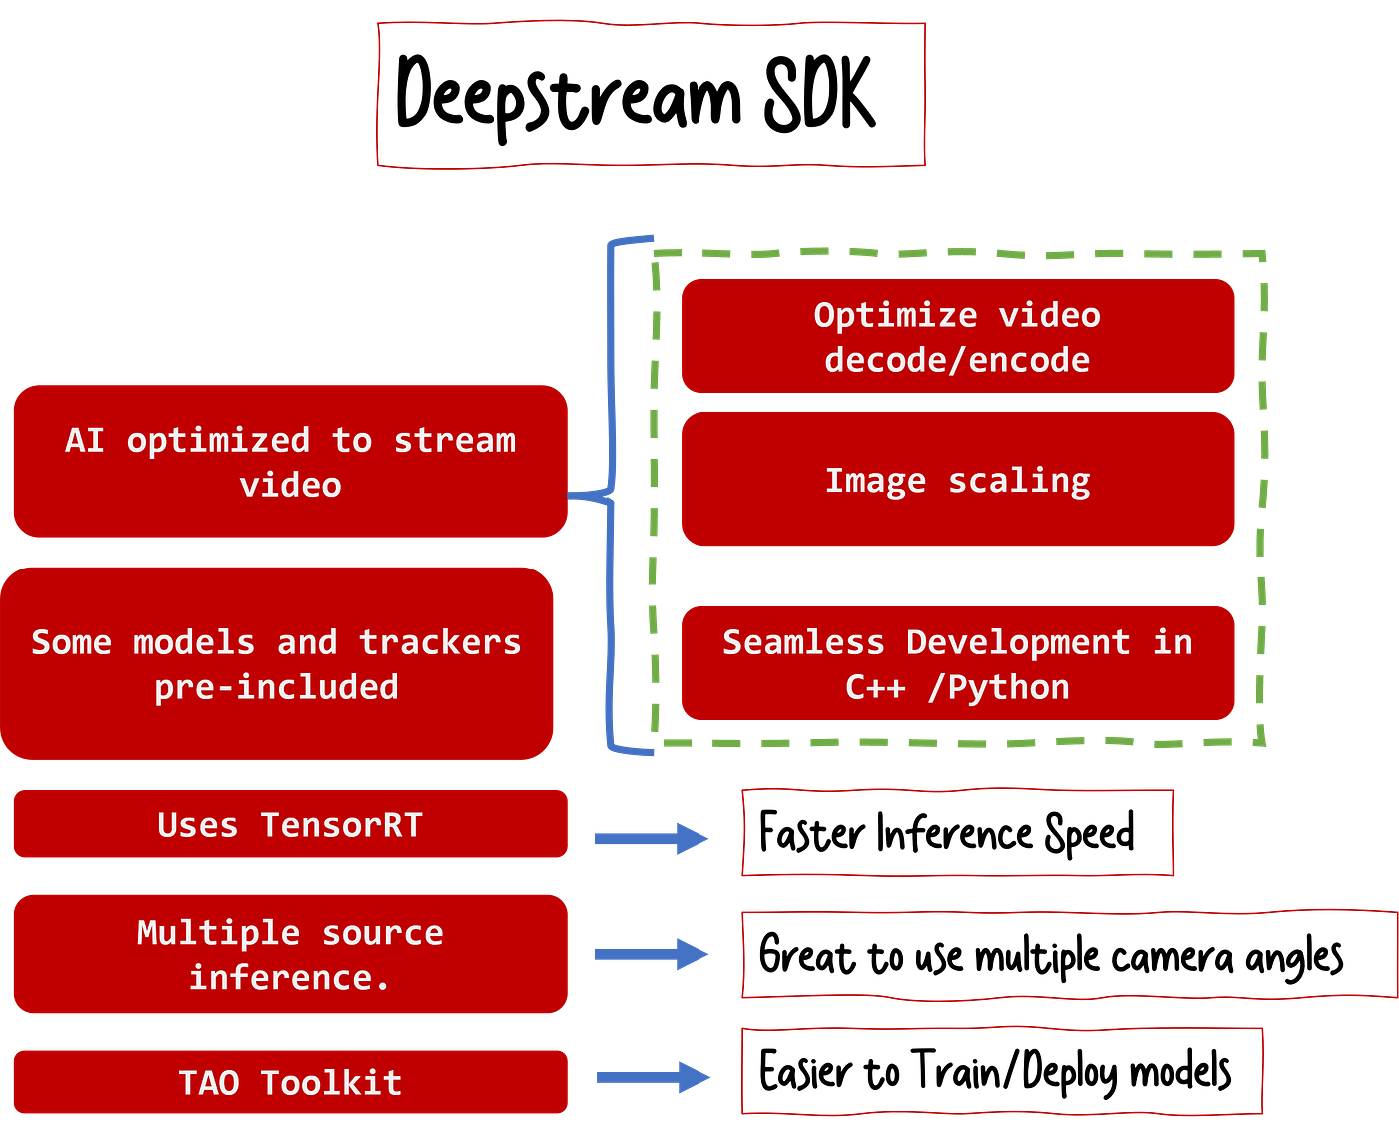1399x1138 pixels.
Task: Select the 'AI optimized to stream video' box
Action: coord(291,461)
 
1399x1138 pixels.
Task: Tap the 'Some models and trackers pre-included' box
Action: coord(277,663)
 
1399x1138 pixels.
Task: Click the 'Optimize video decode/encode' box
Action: coord(957,336)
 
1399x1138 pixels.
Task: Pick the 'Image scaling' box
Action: coord(957,479)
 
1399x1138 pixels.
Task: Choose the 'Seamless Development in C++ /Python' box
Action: coord(957,663)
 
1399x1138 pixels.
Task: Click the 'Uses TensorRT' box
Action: coord(291,824)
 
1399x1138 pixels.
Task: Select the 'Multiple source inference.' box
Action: coord(291,954)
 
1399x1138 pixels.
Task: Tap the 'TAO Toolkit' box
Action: coord(291,1082)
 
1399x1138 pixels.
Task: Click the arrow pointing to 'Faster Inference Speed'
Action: coord(651,838)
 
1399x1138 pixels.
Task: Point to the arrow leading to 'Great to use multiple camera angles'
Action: coord(651,954)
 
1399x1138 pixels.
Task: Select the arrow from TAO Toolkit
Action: coord(653,1077)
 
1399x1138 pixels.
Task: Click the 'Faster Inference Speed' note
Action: coord(957,832)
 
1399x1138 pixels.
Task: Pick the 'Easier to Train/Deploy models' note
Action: coord(1002,1071)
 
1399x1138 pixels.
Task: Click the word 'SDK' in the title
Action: coord(819,93)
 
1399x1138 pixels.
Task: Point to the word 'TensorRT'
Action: coord(341,824)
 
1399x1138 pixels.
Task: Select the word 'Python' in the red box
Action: coord(1009,688)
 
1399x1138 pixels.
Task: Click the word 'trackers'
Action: coord(440,642)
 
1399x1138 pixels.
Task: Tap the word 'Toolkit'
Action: coord(331,1082)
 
